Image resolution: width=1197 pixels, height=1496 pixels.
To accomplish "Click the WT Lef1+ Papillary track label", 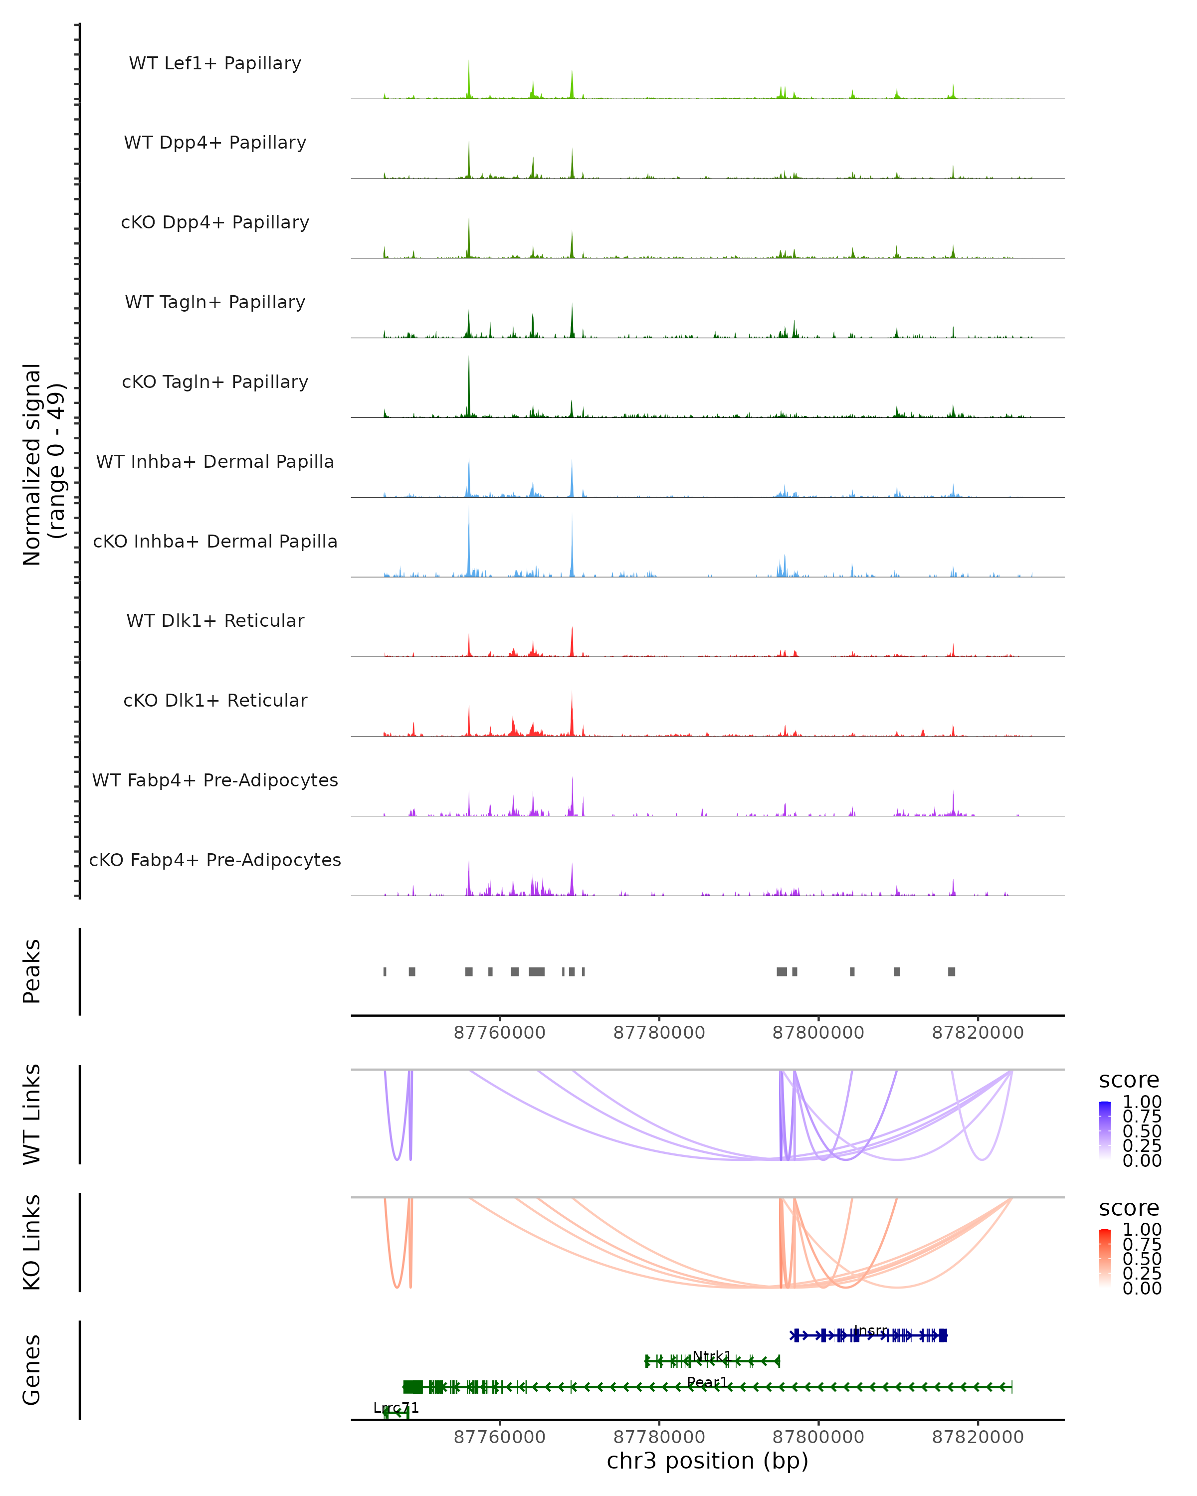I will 215,63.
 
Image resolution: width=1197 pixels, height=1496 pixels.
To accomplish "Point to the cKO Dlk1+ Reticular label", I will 215,700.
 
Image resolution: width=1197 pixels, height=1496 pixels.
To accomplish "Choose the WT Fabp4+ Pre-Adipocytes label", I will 215,780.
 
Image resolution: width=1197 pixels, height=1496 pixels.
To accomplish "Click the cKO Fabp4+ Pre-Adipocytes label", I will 215,860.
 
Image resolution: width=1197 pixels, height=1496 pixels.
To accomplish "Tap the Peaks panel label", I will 32,971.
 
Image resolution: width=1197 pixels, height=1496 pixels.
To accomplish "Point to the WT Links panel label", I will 32,1115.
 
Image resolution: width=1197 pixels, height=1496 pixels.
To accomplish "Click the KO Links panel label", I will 32,1242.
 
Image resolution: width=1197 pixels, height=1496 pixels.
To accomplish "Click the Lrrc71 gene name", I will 396,1408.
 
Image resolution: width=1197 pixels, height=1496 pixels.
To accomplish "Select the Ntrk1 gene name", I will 711,1356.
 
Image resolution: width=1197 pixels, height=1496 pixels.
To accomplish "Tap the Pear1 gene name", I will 707,1382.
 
